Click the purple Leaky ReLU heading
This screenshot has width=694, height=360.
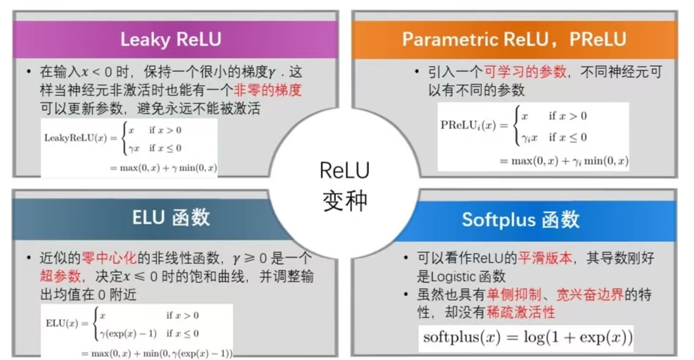[171, 38]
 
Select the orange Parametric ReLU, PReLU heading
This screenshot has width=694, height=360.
[514, 38]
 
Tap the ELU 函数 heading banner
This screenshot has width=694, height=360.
[171, 217]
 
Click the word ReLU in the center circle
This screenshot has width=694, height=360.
[345, 170]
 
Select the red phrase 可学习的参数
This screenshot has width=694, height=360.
[525, 72]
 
